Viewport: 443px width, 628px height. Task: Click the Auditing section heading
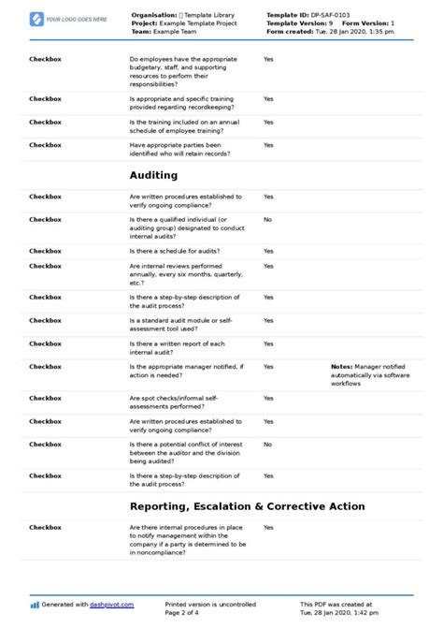[152, 174]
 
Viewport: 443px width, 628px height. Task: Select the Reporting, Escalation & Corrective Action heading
[247, 506]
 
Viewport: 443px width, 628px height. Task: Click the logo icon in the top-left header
[36, 19]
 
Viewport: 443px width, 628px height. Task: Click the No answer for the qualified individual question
[267, 219]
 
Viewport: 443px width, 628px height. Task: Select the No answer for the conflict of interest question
[267, 444]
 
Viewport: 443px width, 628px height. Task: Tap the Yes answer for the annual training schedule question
[268, 122]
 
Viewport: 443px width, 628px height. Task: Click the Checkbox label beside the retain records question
[45, 145]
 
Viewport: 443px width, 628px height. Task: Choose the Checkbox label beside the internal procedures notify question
[45, 528]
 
